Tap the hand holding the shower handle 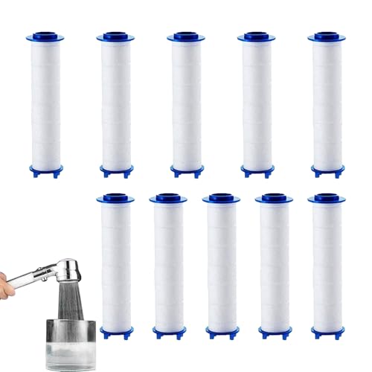[9, 283]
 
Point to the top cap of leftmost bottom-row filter [117, 199]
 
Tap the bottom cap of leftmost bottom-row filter [117, 332]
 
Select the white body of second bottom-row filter [168, 265]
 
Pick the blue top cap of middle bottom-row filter [220, 199]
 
